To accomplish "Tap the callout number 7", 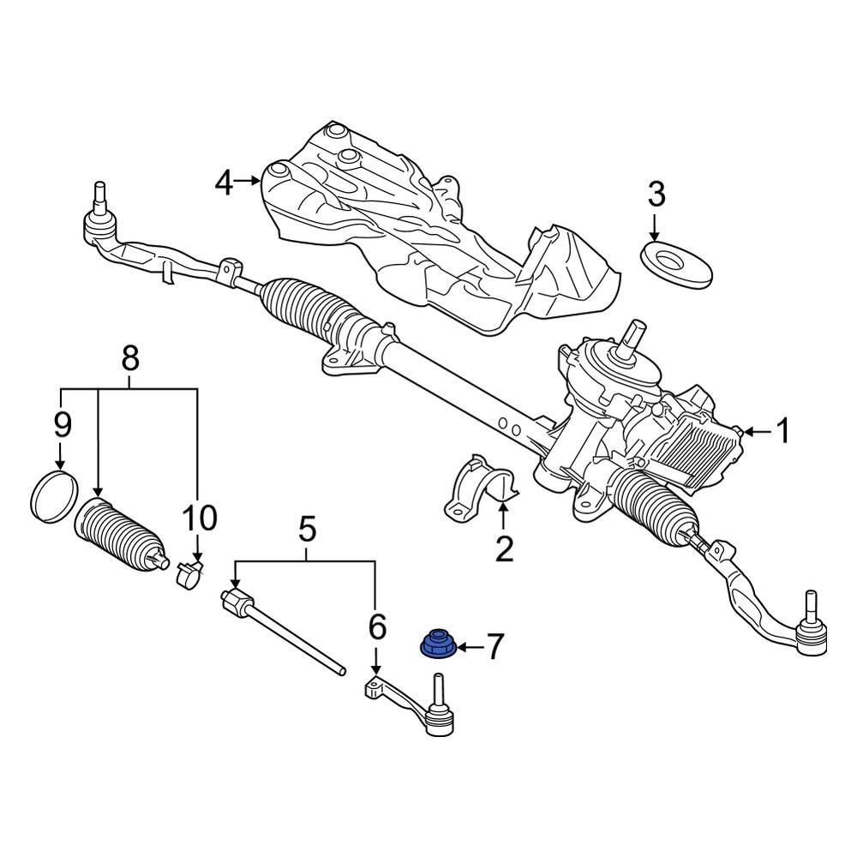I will point(495,645).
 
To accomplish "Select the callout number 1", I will point(782,432).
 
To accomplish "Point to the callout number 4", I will point(224,182).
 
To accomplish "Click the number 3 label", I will point(656,195).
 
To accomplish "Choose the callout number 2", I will point(504,547).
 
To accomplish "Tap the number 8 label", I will point(130,359).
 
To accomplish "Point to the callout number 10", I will point(199,518).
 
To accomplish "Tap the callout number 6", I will point(377,627).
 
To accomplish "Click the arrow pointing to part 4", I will point(249,180).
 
